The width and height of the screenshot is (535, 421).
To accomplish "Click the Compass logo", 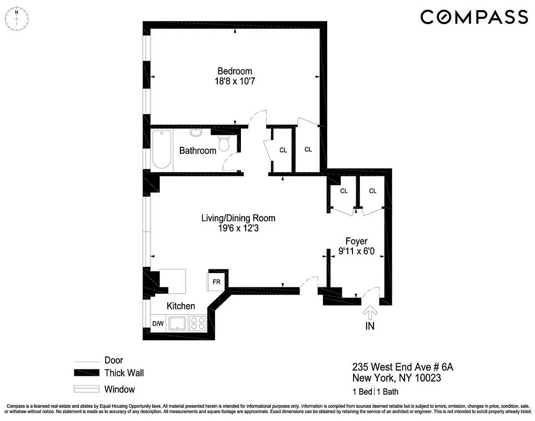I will (474, 17).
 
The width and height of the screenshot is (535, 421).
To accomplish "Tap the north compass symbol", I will (16, 18).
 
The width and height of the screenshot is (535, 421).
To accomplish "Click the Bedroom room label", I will (235, 71).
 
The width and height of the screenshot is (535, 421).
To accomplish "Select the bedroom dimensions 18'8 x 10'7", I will (235, 82).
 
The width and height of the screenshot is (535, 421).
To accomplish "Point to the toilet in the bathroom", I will (224, 143).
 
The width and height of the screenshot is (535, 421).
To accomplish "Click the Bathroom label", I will (198, 151).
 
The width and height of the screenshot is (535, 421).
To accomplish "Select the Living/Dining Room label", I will (238, 218).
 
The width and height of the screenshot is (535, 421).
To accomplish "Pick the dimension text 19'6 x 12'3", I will (238, 228).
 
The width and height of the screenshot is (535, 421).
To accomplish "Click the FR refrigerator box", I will (216, 282).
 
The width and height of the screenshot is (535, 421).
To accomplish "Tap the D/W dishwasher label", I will (158, 324).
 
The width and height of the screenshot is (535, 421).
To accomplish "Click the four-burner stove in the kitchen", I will (198, 323).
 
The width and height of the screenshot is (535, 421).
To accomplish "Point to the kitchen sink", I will (177, 323).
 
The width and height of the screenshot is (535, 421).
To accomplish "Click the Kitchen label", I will (181, 306).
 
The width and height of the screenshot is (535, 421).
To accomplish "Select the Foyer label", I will (356, 241).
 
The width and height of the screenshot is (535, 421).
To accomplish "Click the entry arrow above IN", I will (370, 313).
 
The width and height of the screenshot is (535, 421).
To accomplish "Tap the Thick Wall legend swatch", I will (87, 373).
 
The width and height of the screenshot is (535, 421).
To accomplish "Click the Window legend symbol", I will (87, 389).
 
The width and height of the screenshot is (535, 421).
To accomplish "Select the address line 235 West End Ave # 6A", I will (402, 366).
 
